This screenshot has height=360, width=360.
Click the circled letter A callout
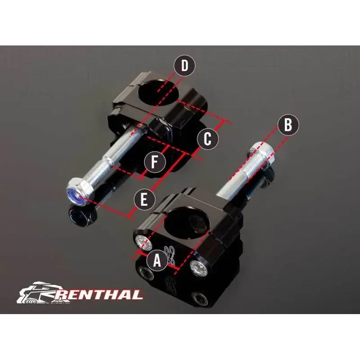click(157, 261)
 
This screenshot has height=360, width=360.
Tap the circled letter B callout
click(288, 125)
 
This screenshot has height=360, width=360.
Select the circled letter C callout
click(207, 139)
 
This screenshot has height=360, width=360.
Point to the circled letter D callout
click(184, 66)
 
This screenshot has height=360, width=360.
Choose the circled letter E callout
click(144, 199)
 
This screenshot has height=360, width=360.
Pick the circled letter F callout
click(155, 162)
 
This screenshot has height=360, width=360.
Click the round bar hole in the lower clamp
click(188, 220)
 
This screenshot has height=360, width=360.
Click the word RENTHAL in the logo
click(98, 295)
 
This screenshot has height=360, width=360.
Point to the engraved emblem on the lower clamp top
click(170, 254)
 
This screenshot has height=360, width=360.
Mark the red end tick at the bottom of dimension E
click(130, 216)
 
